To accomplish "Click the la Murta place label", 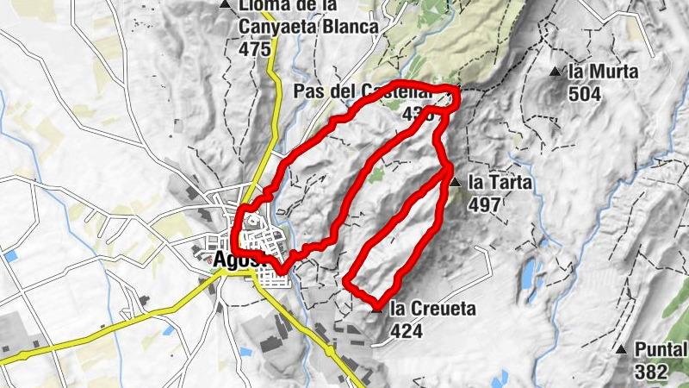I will pyautogui.click(x=603, y=72).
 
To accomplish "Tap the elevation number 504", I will pyautogui.click(x=585, y=94).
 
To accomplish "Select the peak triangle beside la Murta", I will pyautogui.click(x=556, y=71).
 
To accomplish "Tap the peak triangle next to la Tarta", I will pyautogui.click(x=454, y=182).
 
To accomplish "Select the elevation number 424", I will pyautogui.click(x=407, y=330).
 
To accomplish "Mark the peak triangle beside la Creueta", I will pyautogui.click(x=380, y=308).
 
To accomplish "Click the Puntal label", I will pyautogui.click(x=661, y=350).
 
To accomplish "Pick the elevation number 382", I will pyautogui.click(x=649, y=372).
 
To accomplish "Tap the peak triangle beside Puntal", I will pyautogui.click(x=621, y=349).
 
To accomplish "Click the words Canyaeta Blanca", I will pyautogui.click(x=308, y=28).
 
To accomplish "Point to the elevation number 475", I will pyautogui.click(x=255, y=49).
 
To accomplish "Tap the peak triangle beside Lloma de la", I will pyautogui.click(x=226, y=5).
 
